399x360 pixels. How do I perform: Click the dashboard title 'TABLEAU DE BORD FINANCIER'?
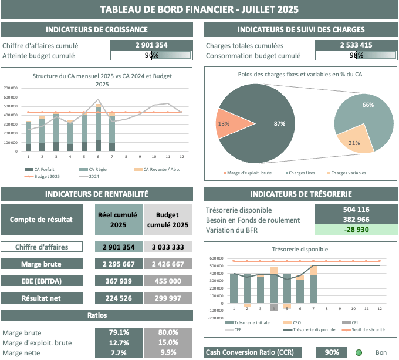199,9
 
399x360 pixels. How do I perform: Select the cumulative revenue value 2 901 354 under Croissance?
151,45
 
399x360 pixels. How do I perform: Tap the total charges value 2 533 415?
356,45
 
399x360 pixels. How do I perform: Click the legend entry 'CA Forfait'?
40,169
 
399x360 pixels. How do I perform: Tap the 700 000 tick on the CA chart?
12,88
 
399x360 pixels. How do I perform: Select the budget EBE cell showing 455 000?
167,281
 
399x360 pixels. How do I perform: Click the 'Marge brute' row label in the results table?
40,264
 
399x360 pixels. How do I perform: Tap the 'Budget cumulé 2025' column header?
167,220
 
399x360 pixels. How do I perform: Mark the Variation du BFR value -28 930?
356,229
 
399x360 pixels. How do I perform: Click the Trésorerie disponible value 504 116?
356,210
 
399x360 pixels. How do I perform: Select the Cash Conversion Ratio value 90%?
332,352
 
